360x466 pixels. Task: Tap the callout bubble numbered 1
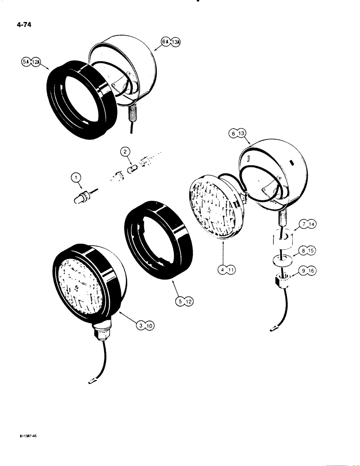[76, 177]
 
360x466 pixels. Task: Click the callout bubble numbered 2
[125, 151]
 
